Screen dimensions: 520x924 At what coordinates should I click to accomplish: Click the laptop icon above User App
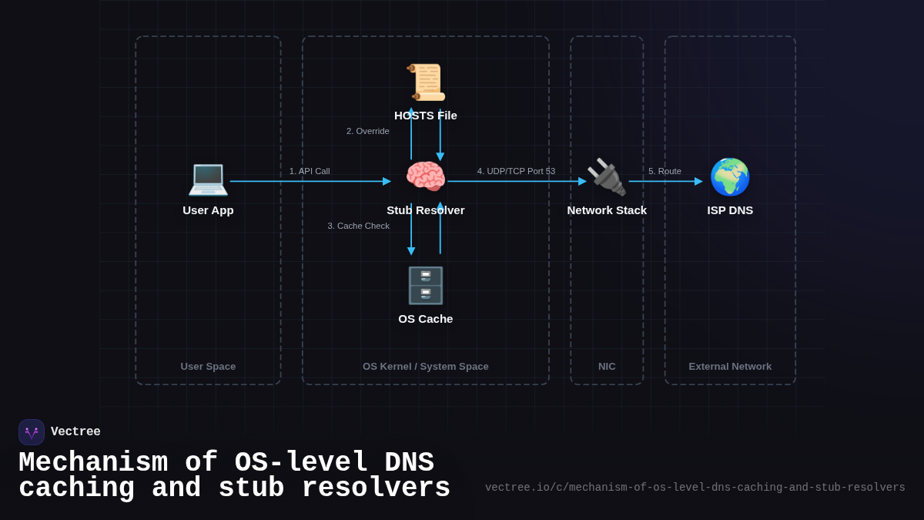tap(208, 178)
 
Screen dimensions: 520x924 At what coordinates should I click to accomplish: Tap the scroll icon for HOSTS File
tap(426, 82)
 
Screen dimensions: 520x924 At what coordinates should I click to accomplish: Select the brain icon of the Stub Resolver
tap(426, 177)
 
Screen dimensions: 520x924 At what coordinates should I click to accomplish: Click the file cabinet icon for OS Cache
tap(426, 286)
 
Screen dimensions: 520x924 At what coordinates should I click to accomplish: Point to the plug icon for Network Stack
tap(607, 177)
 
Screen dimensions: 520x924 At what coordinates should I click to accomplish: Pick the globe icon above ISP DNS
tap(730, 177)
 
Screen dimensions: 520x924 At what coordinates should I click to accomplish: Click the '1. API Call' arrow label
tap(310, 171)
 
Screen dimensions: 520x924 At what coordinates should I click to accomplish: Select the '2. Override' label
tap(368, 131)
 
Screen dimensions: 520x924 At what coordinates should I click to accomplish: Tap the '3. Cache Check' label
tap(359, 226)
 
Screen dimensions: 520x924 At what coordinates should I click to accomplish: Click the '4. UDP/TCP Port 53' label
tap(516, 171)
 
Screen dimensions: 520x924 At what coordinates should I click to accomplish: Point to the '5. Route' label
tap(665, 171)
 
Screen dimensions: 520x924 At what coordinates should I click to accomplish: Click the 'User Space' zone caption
tap(208, 367)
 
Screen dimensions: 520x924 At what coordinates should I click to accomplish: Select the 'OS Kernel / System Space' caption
tap(426, 367)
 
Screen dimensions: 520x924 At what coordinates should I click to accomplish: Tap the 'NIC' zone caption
tap(607, 367)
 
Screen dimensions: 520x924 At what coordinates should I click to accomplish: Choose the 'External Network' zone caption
tap(730, 367)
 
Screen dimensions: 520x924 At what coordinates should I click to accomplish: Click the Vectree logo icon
tap(32, 432)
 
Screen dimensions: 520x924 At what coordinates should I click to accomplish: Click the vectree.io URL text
tap(695, 488)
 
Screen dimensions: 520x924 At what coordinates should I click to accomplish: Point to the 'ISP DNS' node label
tap(730, 210)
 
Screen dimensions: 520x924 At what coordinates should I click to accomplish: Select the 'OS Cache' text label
tap(426, 319)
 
